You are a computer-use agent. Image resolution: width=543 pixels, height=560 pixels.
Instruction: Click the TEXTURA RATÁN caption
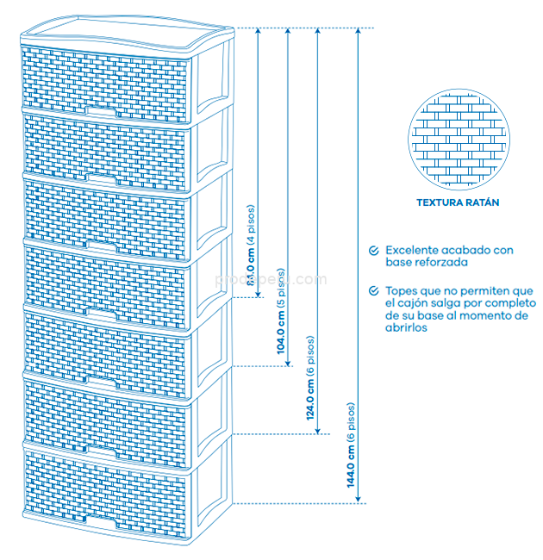[458, 203]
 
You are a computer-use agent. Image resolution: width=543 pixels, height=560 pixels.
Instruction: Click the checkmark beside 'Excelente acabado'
[373, 250]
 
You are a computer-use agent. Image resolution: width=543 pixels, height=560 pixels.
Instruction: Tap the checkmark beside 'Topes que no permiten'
[373, 291]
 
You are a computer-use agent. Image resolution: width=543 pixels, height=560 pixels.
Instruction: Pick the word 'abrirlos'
[407, 328]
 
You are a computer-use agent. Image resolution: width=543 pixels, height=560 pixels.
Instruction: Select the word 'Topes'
[403, 291]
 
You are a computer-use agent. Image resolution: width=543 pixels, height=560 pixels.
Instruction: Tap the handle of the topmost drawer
[103, 112]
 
